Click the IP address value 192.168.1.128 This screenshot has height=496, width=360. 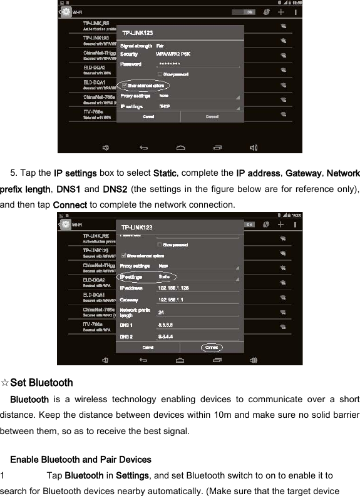pos(173,288)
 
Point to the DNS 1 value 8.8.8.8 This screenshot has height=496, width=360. pos(166,325)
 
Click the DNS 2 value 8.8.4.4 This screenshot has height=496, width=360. pos(166,337)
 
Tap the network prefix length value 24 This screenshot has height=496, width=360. pos(162,311)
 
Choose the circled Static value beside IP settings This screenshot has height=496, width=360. pos(165,276)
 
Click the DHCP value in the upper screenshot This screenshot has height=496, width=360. pos(165,107)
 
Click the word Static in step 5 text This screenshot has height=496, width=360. pos(165,173)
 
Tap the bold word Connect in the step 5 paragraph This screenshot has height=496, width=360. pos(70,205)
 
